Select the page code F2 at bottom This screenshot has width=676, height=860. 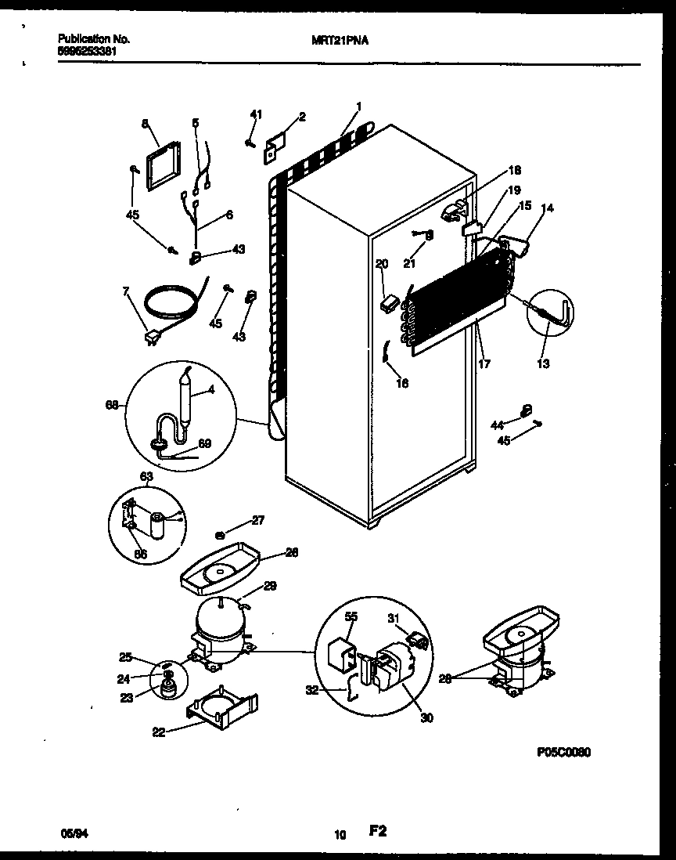click(x=379, y=833)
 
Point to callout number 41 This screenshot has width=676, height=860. click(x=255, y=115)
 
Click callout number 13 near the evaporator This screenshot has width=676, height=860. click(x=543, y=363)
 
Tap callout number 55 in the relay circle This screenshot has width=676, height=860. click(x=351, y=617)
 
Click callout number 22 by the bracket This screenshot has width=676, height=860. click(x=159, y=732)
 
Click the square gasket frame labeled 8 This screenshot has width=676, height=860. click(x=161, y=166)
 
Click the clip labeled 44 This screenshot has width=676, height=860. click(x=526, y=410)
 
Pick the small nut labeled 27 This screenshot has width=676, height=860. click(x=221, y=535)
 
